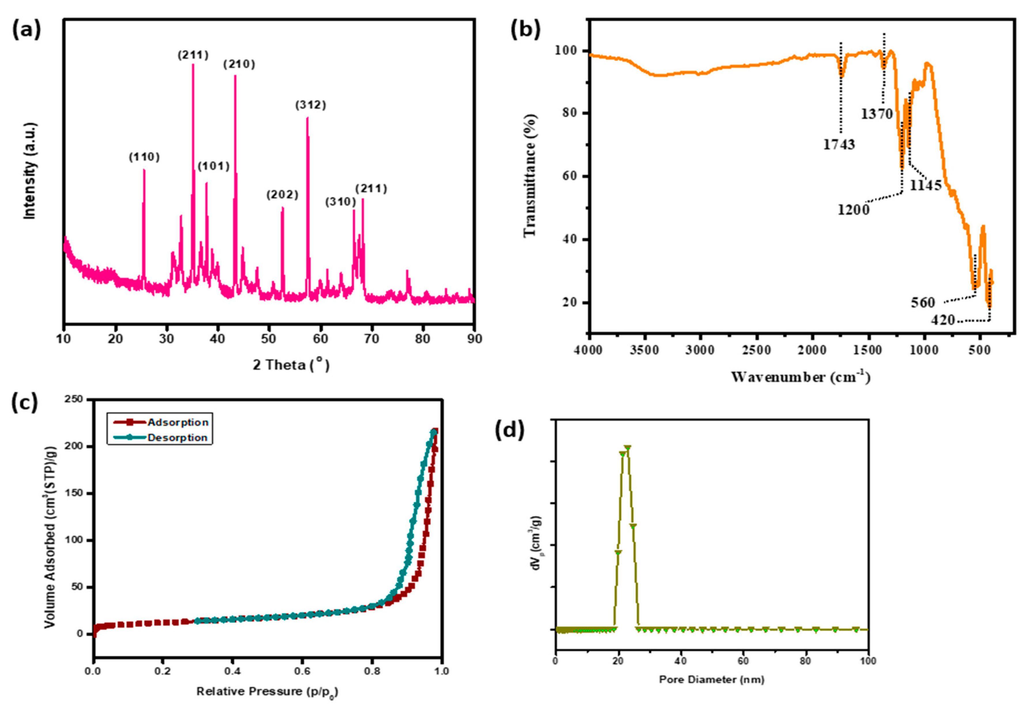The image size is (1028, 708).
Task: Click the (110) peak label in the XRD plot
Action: pos(144,157)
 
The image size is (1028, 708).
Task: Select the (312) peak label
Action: pos(311,105)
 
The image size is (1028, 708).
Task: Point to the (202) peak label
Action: pos(282,195)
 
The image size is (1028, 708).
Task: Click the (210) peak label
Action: pos(239,64)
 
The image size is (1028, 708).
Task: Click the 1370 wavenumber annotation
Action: pos(877,114)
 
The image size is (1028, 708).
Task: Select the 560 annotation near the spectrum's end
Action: pos(923,303)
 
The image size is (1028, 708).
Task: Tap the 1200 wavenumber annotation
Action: pos(853,209)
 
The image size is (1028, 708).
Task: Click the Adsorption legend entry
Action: pos(177,422)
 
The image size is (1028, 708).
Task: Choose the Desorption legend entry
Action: pos(177,438)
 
